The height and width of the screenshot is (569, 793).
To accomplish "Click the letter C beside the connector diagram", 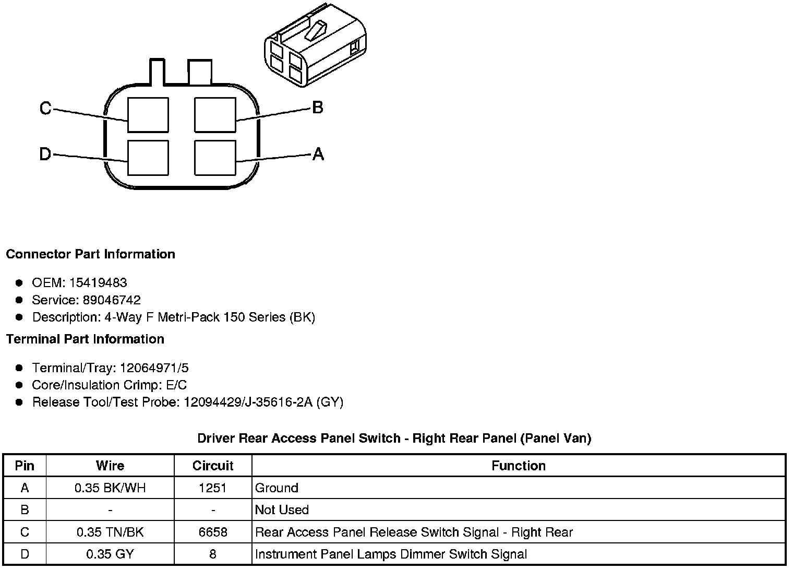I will click(45, 108).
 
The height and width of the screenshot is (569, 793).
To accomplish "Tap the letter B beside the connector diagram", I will click(318, 108).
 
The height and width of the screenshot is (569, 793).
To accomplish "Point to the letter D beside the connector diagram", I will click(45, 154).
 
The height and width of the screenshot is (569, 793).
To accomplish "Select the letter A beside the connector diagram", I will click(318, 154).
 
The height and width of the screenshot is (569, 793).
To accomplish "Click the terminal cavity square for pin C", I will click(148, 115).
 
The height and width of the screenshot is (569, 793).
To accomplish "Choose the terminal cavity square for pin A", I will click(214, 157).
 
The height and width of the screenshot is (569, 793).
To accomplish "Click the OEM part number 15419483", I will click(98, 282).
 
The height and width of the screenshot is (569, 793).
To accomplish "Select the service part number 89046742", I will click(112, 300).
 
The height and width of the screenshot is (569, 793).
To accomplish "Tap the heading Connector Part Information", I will click(90, 254).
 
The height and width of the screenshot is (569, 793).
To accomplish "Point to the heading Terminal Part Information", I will click(85, 339).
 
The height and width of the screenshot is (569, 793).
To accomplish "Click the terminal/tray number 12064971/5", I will click(154, 368).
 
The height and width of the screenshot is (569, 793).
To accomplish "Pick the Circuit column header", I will click(213, 466).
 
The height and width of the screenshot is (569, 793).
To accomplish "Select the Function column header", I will click(519, 466).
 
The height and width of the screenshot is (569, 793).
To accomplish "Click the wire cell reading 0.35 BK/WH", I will click(110, 488).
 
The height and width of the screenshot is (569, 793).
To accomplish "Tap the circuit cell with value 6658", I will click(213, 532).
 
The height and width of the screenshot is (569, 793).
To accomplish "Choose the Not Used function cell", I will click(282, 510).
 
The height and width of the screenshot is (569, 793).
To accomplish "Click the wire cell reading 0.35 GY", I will click(110, 554).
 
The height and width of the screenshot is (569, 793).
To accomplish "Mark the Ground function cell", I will click(277, 488).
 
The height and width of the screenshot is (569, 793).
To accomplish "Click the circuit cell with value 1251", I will click(213, 488).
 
